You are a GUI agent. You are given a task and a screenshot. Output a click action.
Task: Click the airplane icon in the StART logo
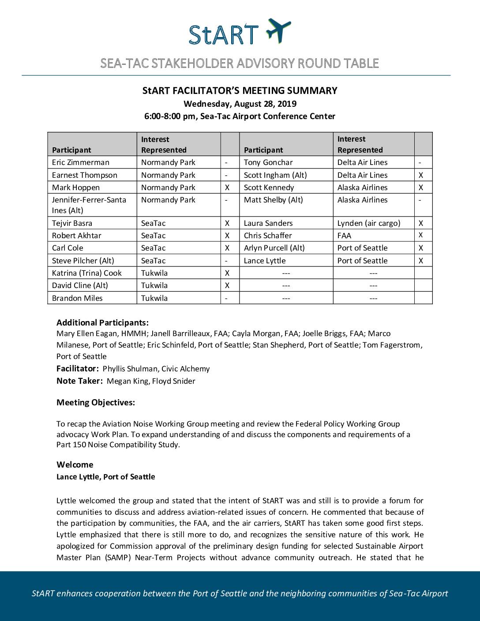(278, 30)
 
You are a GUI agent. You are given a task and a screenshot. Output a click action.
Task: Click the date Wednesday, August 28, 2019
(240, 104)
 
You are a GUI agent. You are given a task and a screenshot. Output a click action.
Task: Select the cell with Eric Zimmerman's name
(81, 162)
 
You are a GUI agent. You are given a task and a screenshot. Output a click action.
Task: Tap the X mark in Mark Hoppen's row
(227, 187)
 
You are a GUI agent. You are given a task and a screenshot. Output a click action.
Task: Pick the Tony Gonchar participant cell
(268, 162)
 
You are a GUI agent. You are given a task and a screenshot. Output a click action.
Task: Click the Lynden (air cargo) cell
(369, 223)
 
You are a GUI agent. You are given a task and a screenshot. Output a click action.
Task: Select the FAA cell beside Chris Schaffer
(345, 236)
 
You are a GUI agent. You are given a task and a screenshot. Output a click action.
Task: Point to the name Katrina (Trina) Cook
(87, 273)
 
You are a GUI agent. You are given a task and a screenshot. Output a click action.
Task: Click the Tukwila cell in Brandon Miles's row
(154, 298)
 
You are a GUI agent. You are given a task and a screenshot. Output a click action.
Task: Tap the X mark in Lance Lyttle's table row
(421, 261)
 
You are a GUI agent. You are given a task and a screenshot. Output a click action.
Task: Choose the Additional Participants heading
(102, 322)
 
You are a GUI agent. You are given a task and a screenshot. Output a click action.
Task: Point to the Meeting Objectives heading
(96, 402)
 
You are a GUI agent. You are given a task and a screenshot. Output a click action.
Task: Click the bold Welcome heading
(75, 464)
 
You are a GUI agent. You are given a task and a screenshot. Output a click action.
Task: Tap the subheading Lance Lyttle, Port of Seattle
(106, 477)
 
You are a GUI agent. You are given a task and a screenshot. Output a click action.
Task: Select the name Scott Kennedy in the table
(269, 187)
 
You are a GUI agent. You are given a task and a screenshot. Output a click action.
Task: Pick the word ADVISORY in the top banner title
(266, 64)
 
